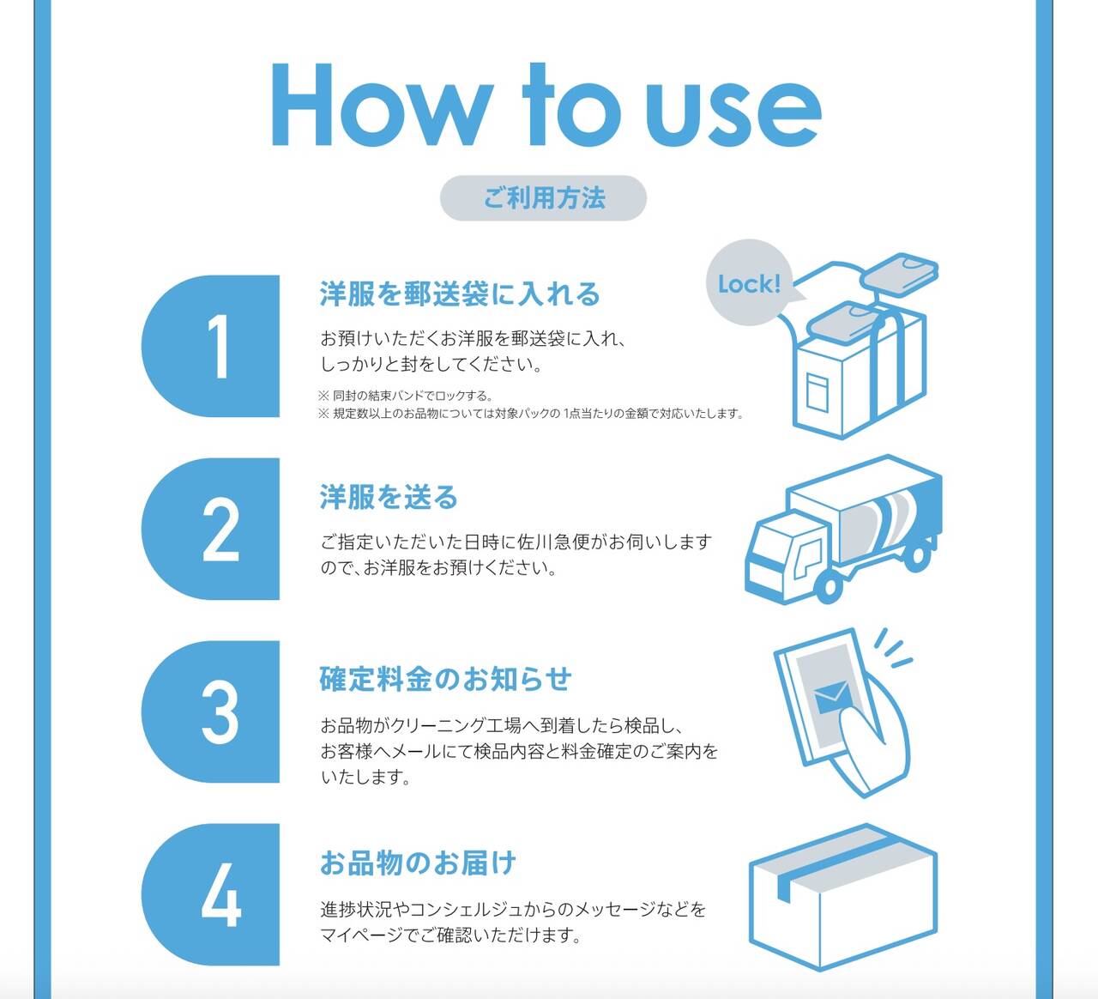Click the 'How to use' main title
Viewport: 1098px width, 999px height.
coord(546,106)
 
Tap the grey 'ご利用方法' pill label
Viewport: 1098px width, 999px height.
coord(543,198)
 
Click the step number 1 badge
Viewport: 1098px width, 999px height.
coord(212,347)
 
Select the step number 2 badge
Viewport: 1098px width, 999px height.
coord(212,530)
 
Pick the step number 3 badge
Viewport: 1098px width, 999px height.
coord(212,712)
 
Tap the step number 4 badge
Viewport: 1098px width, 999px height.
coord(212,895)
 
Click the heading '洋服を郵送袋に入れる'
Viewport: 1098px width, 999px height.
coord(460,294)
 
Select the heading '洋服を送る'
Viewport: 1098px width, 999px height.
coord(389,498)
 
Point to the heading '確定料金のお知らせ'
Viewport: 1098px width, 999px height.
coord(445,680)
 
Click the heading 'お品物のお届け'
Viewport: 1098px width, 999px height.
coord(418,863)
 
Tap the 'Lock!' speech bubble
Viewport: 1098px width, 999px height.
coord(750,284)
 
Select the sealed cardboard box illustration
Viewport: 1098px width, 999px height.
coord(842,897)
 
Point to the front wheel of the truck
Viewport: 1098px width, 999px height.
coord(829,588)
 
